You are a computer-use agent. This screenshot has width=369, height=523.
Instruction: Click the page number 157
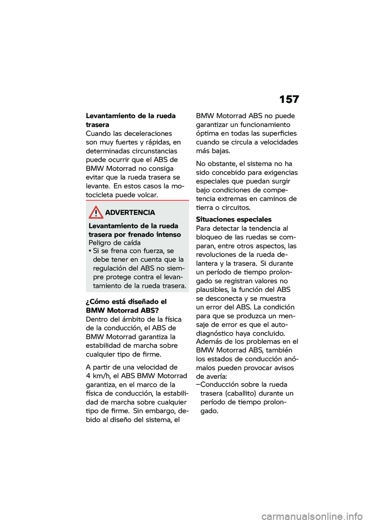point(289,99)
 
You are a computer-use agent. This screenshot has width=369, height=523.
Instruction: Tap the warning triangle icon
point(96,212)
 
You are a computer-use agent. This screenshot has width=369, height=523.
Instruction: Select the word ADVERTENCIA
point(130,212)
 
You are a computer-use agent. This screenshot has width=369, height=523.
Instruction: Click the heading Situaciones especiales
point(234,219)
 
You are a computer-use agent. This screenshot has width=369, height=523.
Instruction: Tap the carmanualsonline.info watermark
point(312,516)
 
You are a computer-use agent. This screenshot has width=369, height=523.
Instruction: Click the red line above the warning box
point(137,200)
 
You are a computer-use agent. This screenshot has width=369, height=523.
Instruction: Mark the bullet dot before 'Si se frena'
point(90,251)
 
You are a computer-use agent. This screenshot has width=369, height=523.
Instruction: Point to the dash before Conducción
point(198,384)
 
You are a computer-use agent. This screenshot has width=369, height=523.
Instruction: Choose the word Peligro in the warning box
point(101,243)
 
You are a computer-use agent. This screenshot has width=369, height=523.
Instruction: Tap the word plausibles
point(213,290)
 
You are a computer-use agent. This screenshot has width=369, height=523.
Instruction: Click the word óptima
point(207,133)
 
